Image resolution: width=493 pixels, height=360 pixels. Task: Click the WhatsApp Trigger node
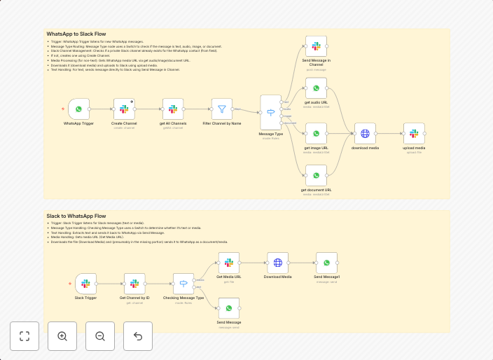78,109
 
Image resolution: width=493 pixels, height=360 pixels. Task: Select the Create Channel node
124,109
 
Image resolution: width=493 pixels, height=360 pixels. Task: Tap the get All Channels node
173,109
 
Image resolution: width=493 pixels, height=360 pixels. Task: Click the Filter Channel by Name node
222,109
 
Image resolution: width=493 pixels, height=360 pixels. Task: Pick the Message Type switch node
270,112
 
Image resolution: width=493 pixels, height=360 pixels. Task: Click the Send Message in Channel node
316,46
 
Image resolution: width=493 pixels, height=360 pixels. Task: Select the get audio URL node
316,88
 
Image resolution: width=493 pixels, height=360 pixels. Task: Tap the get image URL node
316,133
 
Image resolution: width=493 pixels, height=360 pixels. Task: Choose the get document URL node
316,175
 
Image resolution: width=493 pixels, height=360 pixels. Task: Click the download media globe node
365,133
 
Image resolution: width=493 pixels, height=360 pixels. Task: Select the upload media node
414,133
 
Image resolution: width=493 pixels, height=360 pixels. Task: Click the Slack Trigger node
85,284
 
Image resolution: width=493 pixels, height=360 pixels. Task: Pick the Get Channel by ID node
134,284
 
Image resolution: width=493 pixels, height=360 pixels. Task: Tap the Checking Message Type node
183,284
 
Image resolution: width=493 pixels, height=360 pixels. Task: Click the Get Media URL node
228,263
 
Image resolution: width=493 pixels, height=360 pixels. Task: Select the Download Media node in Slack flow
277,263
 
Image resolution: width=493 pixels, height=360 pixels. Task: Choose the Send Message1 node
326,263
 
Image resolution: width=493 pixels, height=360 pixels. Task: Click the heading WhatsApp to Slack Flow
76,34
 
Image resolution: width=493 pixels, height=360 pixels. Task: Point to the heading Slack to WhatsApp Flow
76,216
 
